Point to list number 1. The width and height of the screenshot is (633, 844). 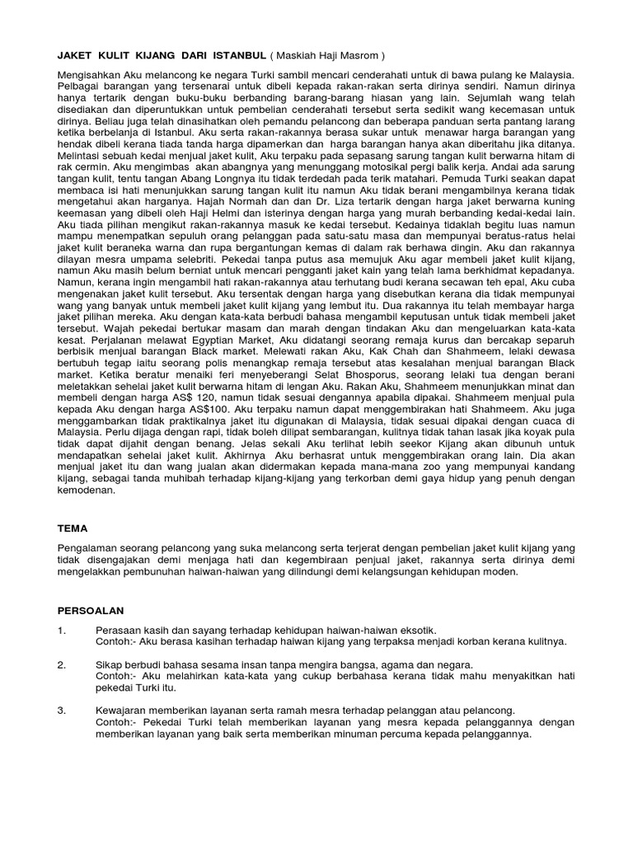coord(61,631)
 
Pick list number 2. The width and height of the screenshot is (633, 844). coord(61,663)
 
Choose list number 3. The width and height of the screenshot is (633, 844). coord(61,709)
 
